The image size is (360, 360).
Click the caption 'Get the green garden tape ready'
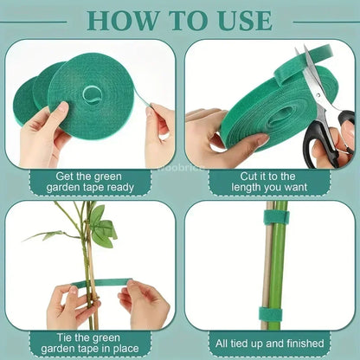click(x=90, y=180)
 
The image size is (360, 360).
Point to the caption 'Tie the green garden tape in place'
click(x=90, y=343)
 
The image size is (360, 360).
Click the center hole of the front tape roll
click(x=91, y=92)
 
